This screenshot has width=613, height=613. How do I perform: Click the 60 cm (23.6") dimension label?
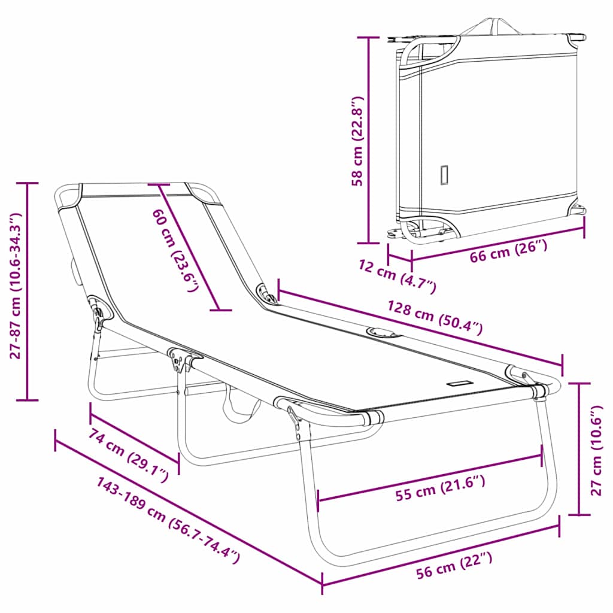175,250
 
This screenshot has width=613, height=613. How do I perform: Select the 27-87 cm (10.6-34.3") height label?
16,286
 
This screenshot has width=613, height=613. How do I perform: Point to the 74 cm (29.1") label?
129,455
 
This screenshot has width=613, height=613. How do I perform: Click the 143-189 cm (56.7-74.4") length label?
168,520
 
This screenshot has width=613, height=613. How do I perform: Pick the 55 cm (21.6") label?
441,488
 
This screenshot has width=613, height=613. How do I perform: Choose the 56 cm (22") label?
454,565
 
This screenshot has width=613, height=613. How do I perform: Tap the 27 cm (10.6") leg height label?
597,450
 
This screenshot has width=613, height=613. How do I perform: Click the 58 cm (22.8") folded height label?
357,141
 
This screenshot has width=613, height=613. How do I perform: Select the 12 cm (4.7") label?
397,275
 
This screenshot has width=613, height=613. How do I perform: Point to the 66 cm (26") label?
508,251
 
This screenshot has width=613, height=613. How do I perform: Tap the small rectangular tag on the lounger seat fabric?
461,383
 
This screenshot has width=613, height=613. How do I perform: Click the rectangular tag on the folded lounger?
444,175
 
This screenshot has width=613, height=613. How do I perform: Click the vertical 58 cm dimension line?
368,140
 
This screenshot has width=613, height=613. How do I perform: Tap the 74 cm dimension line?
135,439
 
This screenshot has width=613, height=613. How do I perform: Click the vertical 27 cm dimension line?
579,449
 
